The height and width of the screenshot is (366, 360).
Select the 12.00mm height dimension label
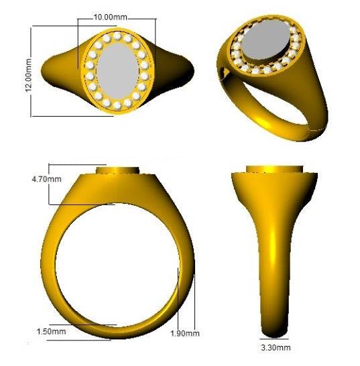(x=28, y=72)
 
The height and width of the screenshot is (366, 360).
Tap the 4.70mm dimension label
(x=46, y=179)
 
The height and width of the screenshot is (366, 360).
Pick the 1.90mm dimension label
(x=186, y=333)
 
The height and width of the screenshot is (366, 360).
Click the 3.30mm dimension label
(x=275, y=348)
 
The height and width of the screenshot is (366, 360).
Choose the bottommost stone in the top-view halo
(x=117, y=108)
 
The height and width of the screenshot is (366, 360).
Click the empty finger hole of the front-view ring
(x=117, y=265)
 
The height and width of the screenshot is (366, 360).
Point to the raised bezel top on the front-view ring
(x=117, y=170)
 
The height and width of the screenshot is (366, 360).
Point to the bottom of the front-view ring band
(x=117, y=333)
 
